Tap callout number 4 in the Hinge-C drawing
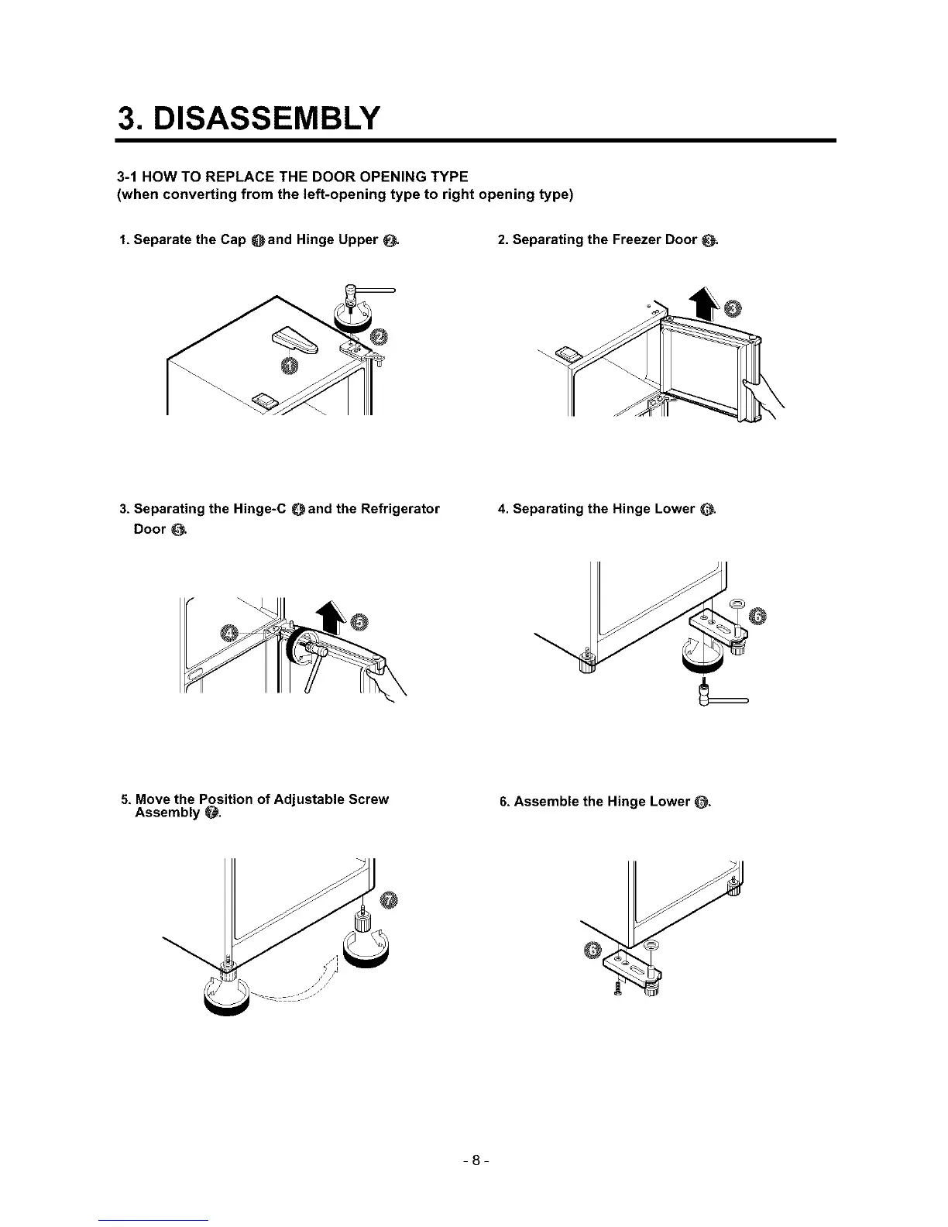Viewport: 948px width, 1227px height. [229, 632]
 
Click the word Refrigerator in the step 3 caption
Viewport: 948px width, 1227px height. [388, 509]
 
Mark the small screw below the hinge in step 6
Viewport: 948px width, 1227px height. [619, 990]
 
